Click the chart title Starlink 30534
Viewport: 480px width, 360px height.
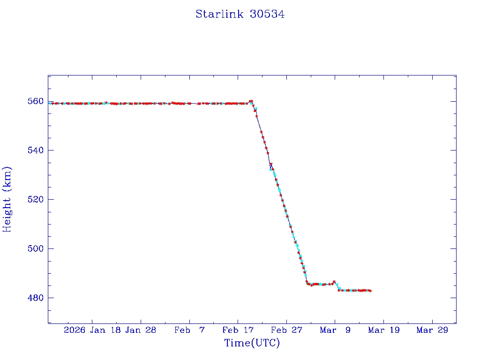pos(240,14)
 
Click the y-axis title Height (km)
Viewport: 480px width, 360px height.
pos(7,199)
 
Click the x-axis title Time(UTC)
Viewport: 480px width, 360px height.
pos(252,343)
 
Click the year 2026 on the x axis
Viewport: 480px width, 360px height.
pos(75,330)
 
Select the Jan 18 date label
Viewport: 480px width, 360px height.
pos(106,330)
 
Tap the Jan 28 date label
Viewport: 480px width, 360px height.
pos(141,330)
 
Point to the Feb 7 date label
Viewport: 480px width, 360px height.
pos(189,330)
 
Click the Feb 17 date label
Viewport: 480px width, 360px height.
pos(238,330)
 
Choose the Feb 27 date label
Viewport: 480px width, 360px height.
pos(286,330)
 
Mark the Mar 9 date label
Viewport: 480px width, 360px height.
pos(335,330)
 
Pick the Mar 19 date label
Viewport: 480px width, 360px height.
pos(383,330)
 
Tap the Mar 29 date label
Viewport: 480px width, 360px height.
pos(432,330)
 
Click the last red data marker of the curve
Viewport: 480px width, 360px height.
pos(371,291)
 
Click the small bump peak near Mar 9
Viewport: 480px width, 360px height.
pos(334,282)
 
